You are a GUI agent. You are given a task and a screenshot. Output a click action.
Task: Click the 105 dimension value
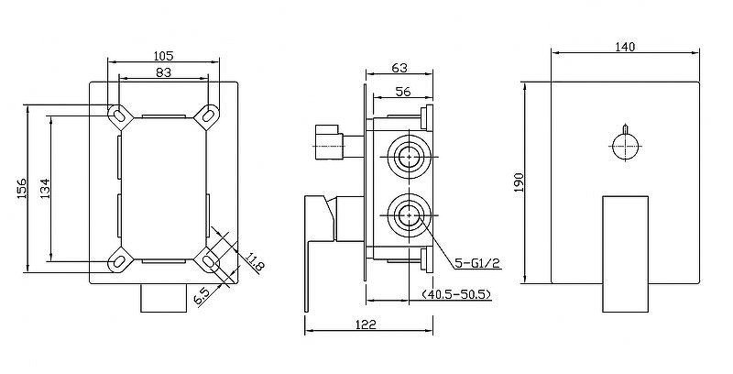tap(164, 56)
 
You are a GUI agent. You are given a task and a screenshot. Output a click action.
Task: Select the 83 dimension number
tap(164, 72)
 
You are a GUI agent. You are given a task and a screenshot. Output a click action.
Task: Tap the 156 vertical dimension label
tap(22, 189)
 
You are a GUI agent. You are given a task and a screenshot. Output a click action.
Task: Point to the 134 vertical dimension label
tap(45, 189)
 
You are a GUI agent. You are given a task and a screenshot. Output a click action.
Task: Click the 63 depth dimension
tap(399, 68)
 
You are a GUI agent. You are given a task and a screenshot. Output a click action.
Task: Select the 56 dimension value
tap(403, 92)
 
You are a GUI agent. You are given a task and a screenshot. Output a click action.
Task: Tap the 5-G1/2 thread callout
tap(477, 264)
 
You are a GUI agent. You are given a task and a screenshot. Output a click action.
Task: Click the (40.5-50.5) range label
tap(455, 294)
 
